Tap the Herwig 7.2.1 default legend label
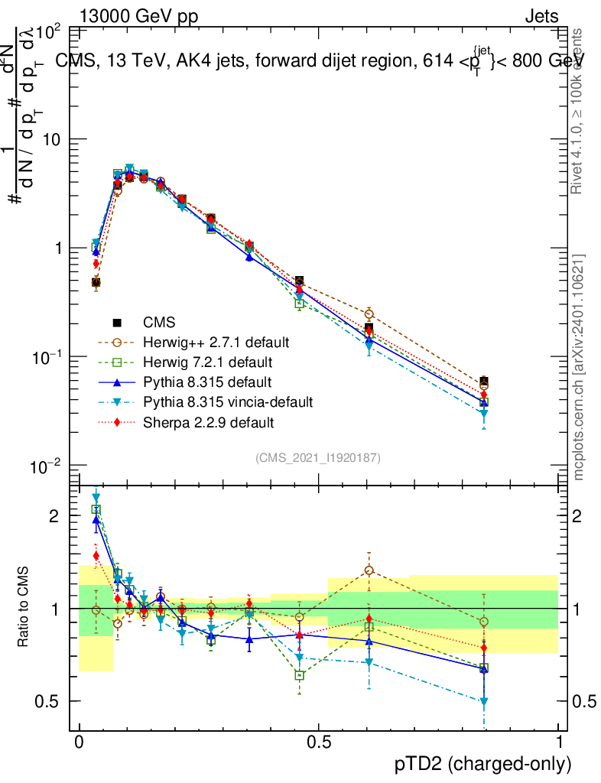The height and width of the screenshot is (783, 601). click(x=207, y=361)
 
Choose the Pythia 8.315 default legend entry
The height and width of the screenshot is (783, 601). click(x=207, y=381)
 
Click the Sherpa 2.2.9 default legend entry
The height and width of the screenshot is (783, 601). click(x=208, y=421)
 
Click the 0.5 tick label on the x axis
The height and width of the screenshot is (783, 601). click(x=319, y=742)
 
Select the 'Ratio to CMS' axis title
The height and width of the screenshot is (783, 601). click(x=25, y=608)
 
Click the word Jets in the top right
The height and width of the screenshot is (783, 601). click(x=541, y=16)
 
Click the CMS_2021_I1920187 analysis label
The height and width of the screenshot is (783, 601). click(x=318, y=457)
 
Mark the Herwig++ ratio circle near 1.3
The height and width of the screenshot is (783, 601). click(x=369, y=570)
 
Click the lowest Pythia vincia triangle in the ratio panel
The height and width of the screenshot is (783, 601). click(x=484, y=701)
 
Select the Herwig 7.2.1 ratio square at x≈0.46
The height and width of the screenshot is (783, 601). click(x=300, y=675)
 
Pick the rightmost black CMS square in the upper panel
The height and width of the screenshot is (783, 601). click(x=484, y=381)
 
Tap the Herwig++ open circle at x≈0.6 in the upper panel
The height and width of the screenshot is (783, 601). click(x=369, y=314)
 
